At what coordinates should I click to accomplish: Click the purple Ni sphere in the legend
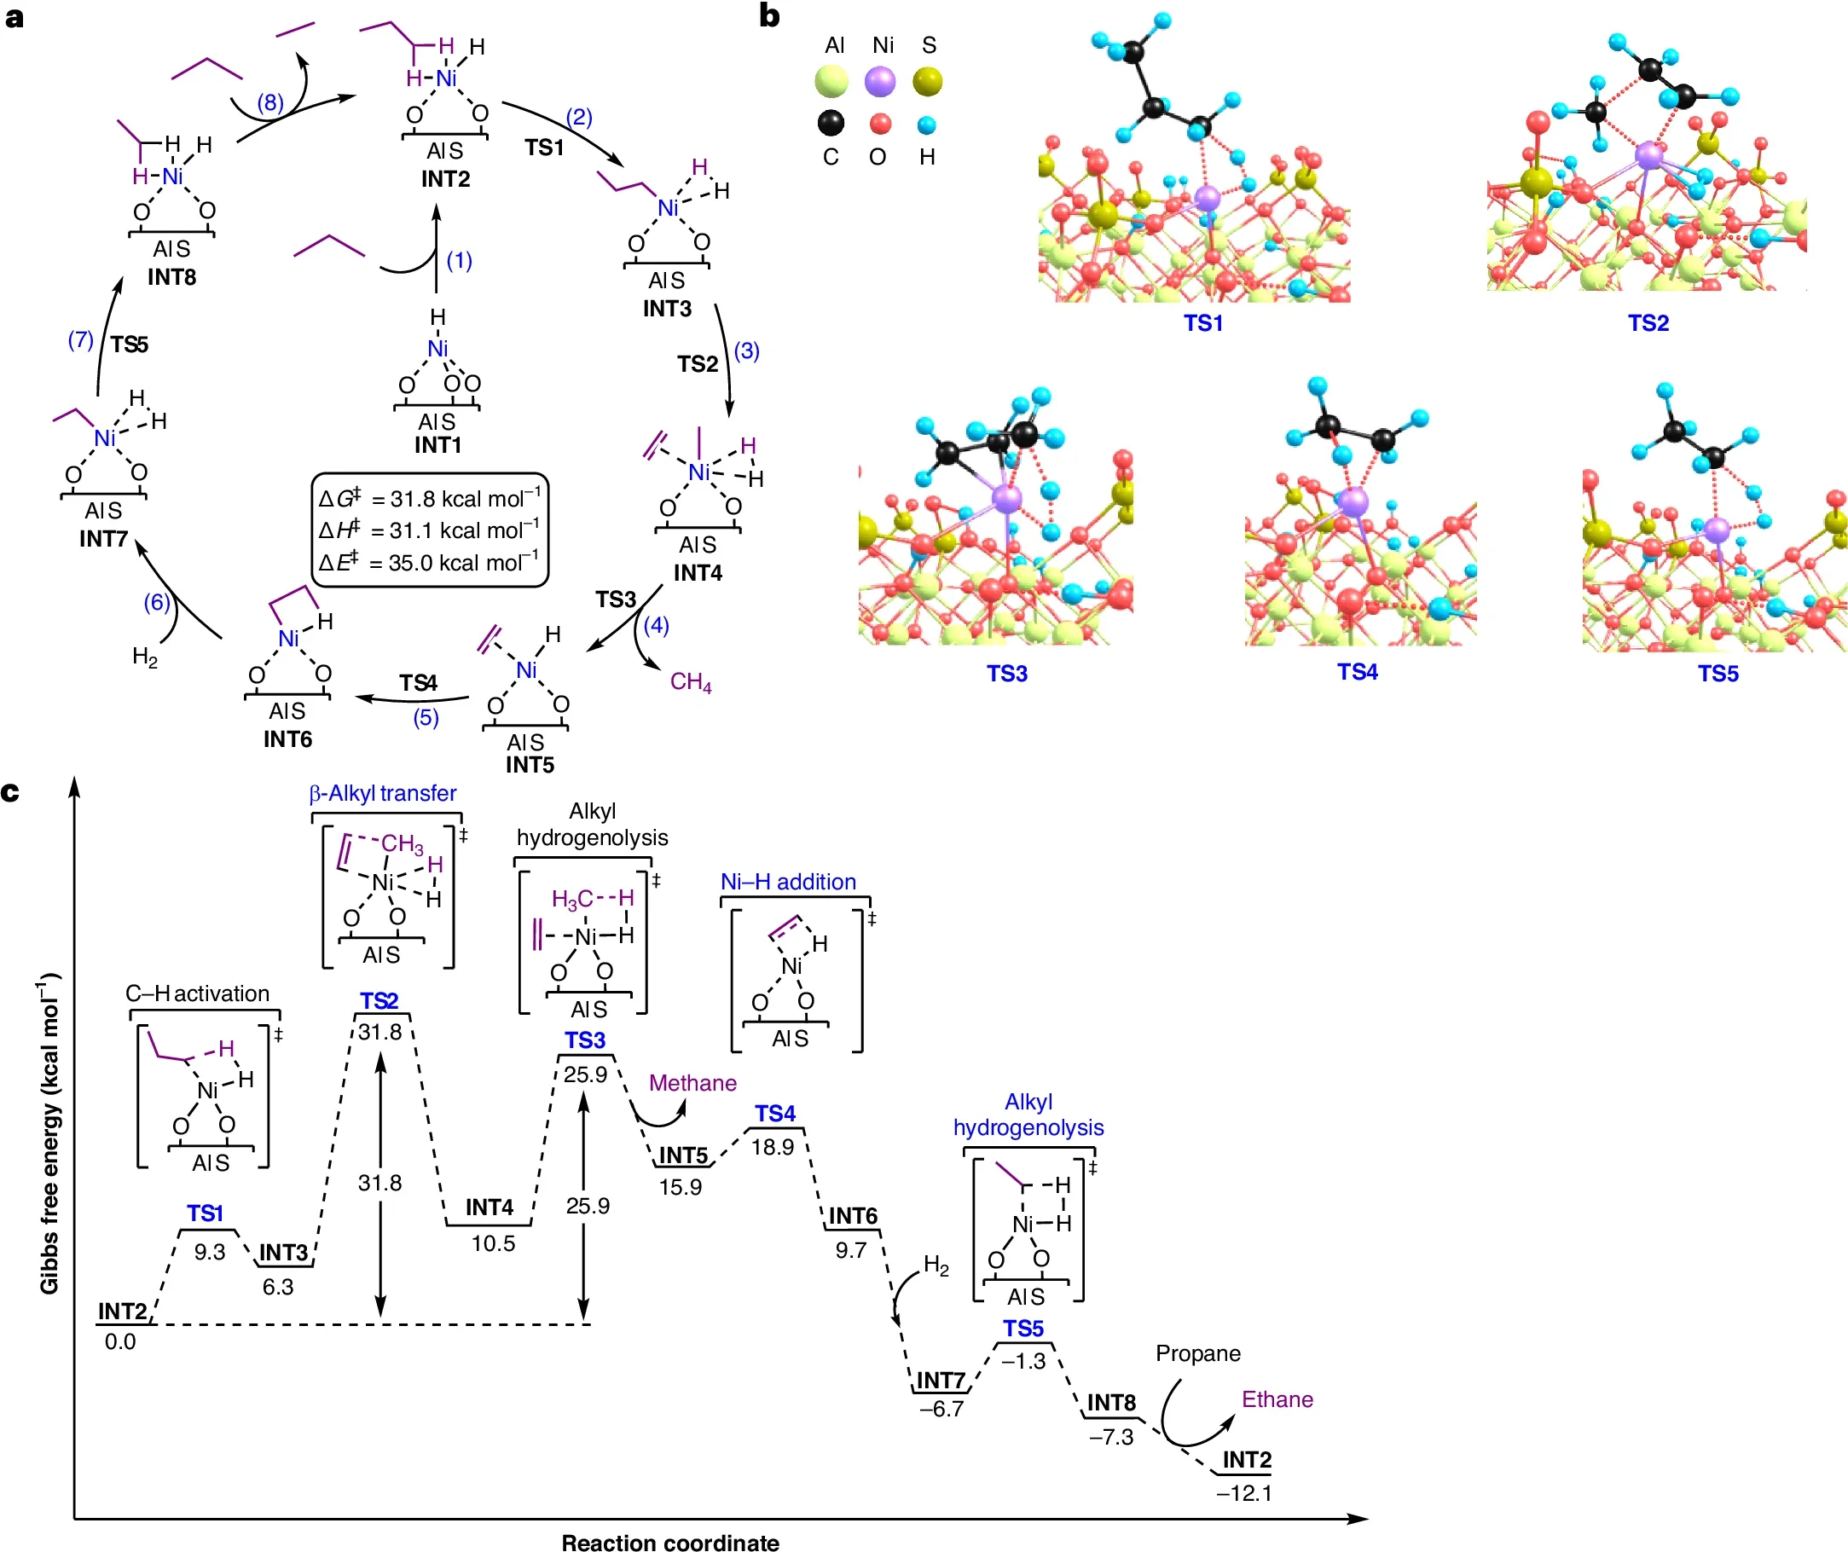(x=880, y=82)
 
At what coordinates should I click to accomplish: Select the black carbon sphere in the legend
(x=831, y=122)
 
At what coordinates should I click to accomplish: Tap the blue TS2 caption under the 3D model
(x=1648, y=323)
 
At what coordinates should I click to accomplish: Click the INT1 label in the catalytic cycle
(x=437, y=445)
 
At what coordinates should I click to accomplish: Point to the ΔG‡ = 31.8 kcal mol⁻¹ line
(x=430, y=499)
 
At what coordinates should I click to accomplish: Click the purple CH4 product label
(x=691, y=682)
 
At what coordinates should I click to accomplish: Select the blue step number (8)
(x=270, y=103)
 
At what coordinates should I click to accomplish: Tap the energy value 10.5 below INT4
(x=493, y=1243)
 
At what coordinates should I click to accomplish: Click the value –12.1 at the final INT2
(x=1243, y=1493)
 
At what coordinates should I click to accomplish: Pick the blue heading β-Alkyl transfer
(x=383, y=794)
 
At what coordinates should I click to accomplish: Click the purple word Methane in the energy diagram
(x=692, y=1083)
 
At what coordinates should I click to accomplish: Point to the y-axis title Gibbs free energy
(x=49, y=1135)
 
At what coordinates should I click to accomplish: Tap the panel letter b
(x=769, y=16)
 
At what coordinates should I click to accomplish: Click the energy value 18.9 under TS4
(x=772, y=1147)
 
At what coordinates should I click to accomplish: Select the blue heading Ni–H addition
(x=788, y=882)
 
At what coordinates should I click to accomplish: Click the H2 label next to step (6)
(x=145, y=657)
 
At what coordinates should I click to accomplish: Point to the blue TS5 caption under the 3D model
(x=1718, y=674)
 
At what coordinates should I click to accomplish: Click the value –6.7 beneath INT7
(x=941, y=1409)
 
